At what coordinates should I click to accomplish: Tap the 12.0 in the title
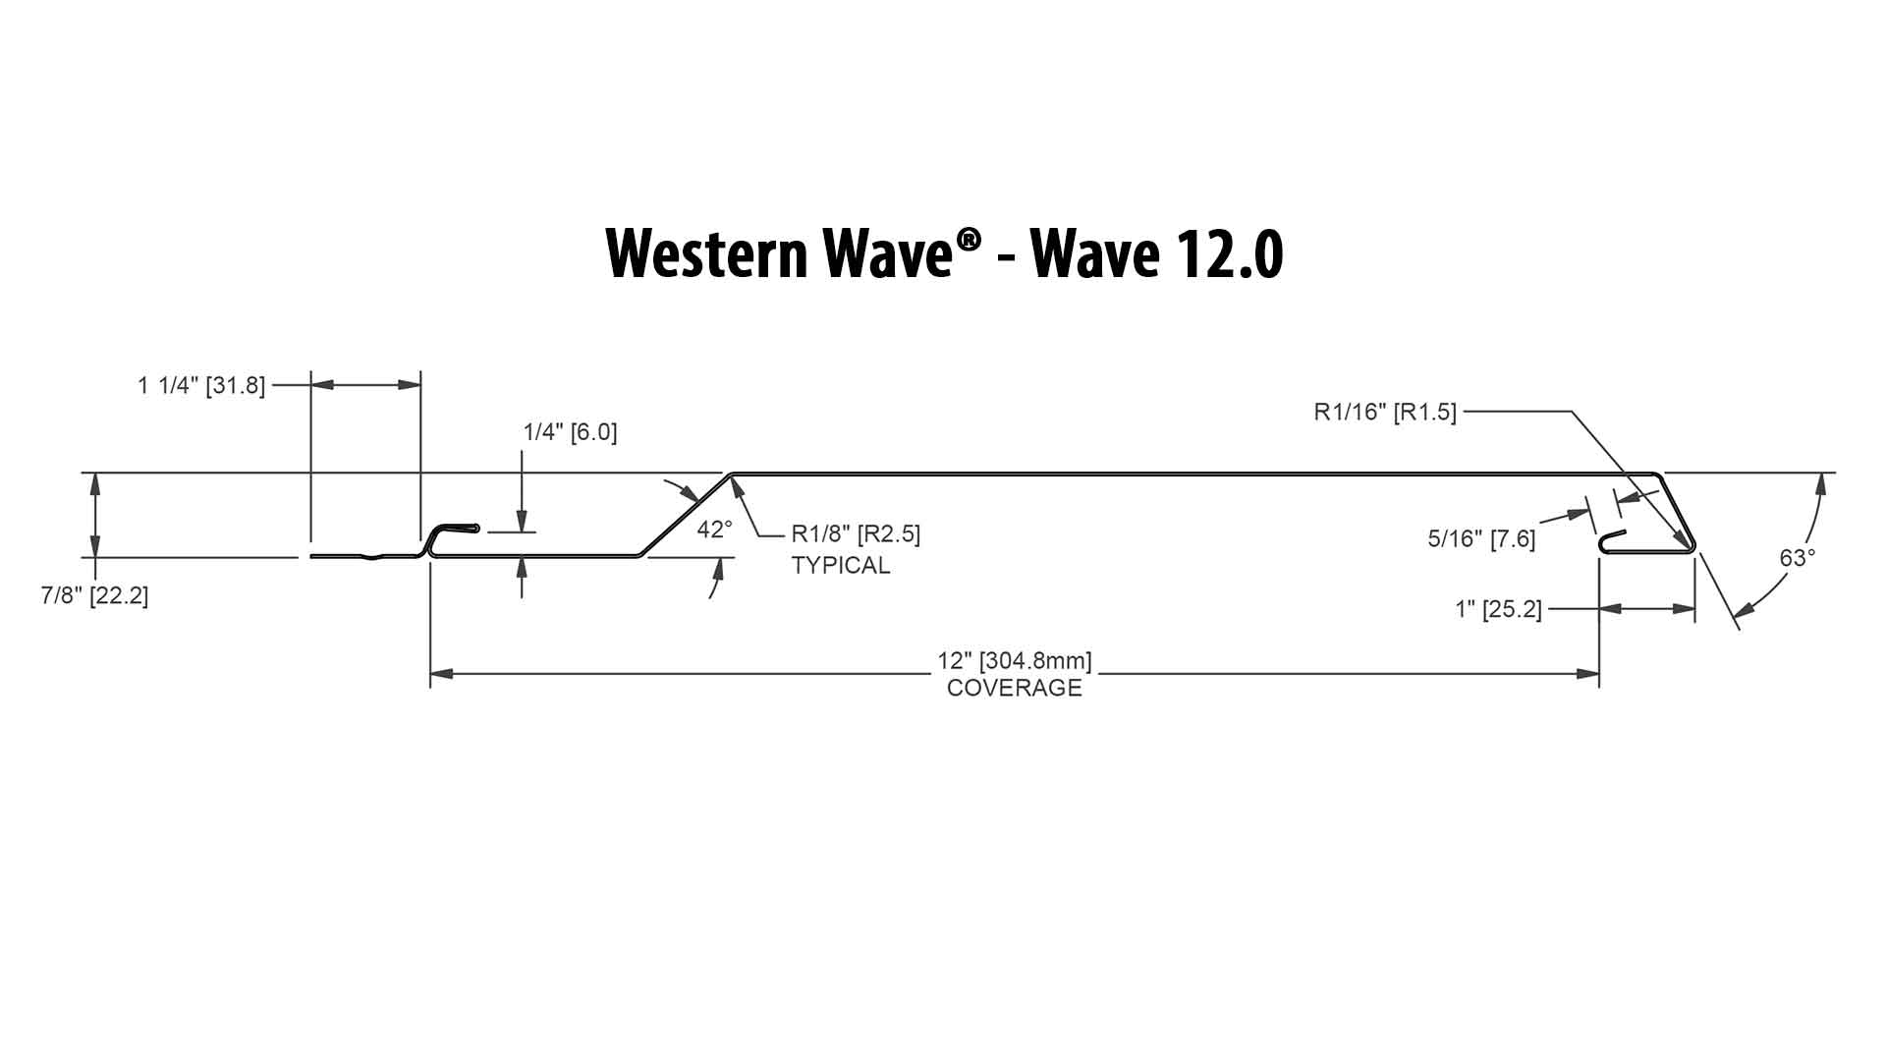point(1222,254)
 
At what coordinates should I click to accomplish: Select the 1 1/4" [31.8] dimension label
point(201,385)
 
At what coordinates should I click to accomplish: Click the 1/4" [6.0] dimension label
point(570,432)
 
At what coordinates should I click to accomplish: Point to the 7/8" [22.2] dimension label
point(94,595)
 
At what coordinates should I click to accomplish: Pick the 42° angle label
point(714,530)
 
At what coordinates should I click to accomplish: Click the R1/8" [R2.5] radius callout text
point(856,535)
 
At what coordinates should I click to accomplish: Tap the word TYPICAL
point(841,566)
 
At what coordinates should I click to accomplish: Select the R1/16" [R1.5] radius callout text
point(1385,412)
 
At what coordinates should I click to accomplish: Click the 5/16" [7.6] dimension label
point(1481,538)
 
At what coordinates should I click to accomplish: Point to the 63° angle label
point(1798,558)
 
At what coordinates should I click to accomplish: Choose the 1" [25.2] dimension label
point(1498,610)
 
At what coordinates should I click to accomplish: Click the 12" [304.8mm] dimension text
point(1015,661)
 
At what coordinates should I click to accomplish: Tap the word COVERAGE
point(1015,688)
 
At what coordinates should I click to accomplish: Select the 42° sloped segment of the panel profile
point(686,515)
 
